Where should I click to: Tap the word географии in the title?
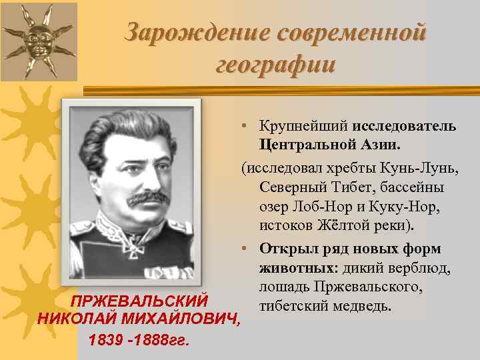click(276, 65)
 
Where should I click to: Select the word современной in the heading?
click(349, 32)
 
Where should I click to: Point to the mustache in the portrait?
click(148, 199)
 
